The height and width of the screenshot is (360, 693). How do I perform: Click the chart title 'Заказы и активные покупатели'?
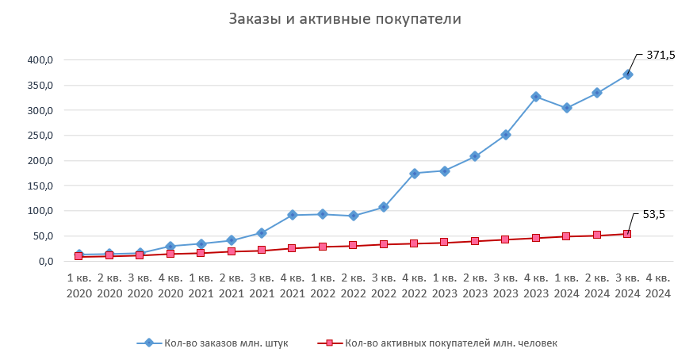pyautogui.click(x=345, y=19)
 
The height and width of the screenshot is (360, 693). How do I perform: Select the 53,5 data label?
pyautogui.click(x=654, y=214)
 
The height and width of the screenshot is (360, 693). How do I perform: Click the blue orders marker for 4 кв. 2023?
pyautogui.click(x=536, y=97)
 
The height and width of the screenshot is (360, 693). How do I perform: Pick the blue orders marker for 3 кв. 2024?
pyautogui.click(x=627, y=75)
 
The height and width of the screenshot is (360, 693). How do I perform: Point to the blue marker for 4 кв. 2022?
pyautogui.click(x=414, y=173)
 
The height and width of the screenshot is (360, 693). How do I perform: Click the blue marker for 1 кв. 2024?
pyautogui.click(x=566, y=108)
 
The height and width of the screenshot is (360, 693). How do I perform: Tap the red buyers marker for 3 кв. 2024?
pyautogui.click(x=627, y=234)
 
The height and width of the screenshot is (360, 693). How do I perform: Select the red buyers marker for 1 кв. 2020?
pyautogui.click(x=78, y=256)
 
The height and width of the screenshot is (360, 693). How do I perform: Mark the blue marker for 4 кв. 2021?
pyautogui.click(x=292, y=215)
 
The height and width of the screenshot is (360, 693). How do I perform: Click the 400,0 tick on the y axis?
pyautogui.click(x=40, y=60)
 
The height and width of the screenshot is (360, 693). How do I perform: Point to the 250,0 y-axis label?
pyautogui.click(x=40, y=136)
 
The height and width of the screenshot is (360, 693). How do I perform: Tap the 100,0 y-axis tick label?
pyautogui.click(x=40, y=211)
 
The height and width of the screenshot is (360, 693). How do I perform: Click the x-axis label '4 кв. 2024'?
pyautogui.click(x=657, y=285)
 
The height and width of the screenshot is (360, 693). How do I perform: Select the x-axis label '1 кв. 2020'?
pyautogui.click(x=78, y=285)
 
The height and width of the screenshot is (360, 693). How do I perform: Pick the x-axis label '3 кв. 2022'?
pyautogui.click(x=383, y=285)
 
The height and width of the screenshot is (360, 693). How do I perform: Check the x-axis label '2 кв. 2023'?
pyautogui.click(x=474, y=285)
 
